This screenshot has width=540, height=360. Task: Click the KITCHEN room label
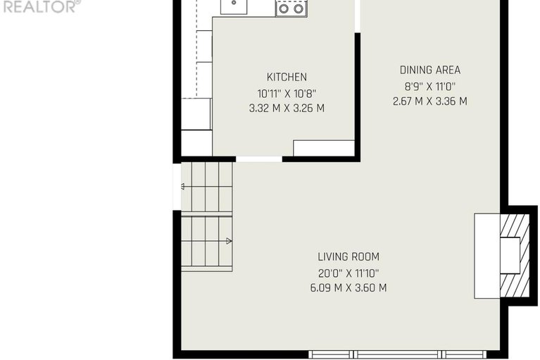click(x=287, y=77)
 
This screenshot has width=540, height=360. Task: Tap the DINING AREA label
click(x=429, y=70)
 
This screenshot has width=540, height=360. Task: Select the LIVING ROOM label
click(x=349, y=256)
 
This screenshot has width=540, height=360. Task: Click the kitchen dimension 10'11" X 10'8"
click(x=287, y=94)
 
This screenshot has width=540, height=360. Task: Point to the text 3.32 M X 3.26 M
click(x=287, y=108)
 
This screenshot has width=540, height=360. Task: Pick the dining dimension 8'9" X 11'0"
click(x=429, y=86)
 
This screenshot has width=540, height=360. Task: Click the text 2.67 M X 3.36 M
click(x=429, y=101)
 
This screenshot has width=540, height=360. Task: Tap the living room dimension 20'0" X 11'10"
click(x=349, y=273)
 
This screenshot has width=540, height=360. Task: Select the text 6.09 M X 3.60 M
click(x=349, y=287)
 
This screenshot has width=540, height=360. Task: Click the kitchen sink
click(x=234, y=6)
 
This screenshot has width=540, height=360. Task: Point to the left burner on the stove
click(x=284, y=8)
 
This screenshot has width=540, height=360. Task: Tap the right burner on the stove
click(x=299, y=8)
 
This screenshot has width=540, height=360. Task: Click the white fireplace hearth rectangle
click(x=487, y=256)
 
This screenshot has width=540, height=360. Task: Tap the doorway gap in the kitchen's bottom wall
click(x=259, y=159)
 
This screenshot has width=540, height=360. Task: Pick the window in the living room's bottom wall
click(x=397, y=354)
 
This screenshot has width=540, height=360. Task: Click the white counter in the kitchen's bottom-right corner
click(x=324, y=148)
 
